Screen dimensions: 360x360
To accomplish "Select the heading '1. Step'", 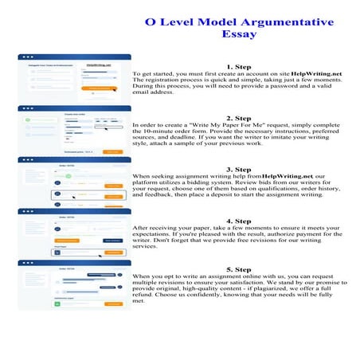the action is pos(239,66).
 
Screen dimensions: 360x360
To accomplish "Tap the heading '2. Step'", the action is pos(239,118).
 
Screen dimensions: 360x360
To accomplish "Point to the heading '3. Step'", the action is pos(239,169).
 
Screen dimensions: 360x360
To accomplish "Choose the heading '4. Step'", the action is pos(239,221).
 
